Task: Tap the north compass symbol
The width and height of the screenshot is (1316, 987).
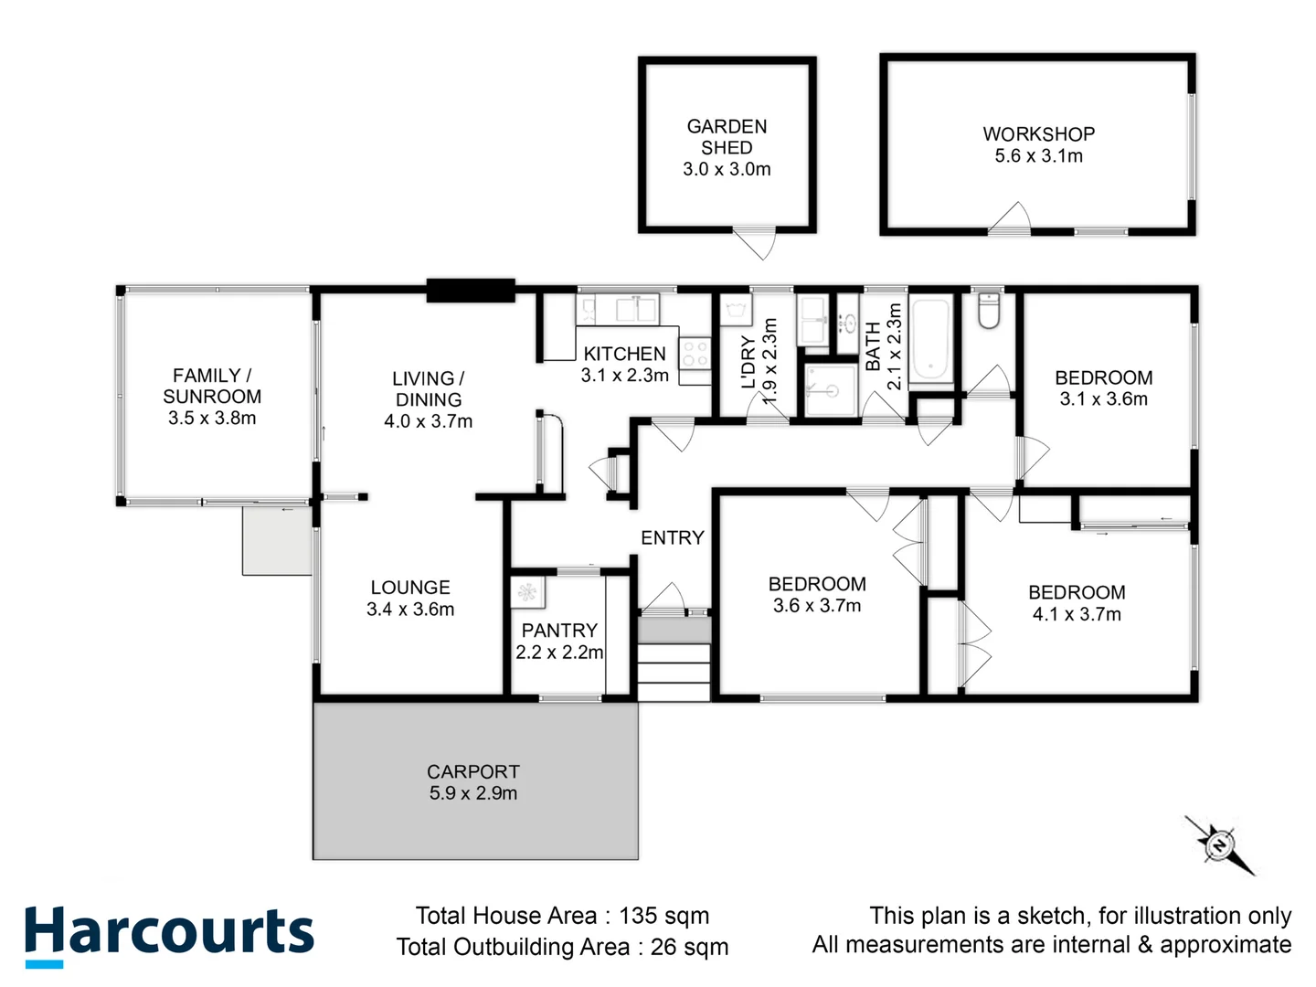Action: click(x=1219, y=844)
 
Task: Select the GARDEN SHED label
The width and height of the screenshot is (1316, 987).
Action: click(x=727, y=137)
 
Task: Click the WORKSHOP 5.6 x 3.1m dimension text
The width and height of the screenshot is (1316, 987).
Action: click(x=1038, y=156)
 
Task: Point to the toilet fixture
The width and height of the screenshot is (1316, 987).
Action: click(x=988, y=310)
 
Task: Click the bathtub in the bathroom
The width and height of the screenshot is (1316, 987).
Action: click(x=931, y=339)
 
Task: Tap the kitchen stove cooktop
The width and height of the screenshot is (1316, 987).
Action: click(x=695, y=354)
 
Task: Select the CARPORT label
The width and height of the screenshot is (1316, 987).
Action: click(x=472, y=772)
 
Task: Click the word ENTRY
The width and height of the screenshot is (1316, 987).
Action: click(x=672, y=538)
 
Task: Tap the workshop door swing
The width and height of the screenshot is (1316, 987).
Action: click(x=1010, y=219)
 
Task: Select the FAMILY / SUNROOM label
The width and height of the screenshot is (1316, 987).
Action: click(x=212, y=386)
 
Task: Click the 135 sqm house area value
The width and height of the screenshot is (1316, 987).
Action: click(x=663, y=916)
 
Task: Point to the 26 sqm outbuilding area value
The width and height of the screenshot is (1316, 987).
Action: click(x=689, y=947)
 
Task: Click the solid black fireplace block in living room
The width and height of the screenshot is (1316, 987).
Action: click(x=471, y=290)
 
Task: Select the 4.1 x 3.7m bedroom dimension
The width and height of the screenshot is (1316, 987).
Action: click(x=1077, y=614)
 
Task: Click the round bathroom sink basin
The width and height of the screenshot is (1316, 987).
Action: click(x=848, y=322)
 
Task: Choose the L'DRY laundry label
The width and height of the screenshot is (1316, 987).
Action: click(x=748, y=363)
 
